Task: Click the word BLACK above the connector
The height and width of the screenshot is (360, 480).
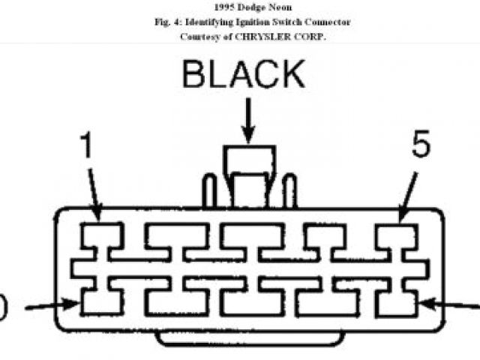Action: tap(244, 76)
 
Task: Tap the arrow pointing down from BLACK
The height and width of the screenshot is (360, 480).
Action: tap(247, 120)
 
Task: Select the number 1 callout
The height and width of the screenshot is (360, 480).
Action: tap(87, 145)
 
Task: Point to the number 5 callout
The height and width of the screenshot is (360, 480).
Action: tap(421, 145)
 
